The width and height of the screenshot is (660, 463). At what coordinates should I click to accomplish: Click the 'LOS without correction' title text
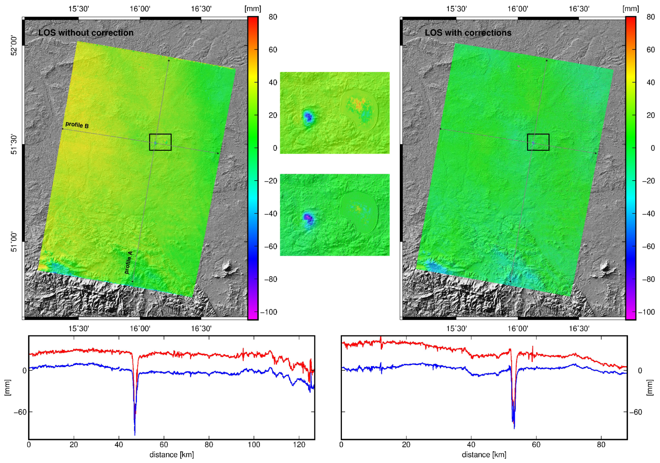[x=86, y=33]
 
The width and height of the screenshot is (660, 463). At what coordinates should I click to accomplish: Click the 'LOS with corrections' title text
[x=468, y=33]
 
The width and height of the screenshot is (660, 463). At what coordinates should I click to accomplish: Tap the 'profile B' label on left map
[x=77, y=125]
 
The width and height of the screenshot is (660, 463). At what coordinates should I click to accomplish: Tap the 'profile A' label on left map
[x=128, y=262]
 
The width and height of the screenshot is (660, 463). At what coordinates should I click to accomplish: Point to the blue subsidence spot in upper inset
[x=308, y=117]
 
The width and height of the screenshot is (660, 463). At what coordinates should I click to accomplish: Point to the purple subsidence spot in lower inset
[x=308, y=218]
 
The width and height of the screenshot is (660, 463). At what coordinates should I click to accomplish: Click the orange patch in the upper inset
[x=358, y=104]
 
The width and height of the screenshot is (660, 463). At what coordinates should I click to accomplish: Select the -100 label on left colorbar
[x=269, y=312]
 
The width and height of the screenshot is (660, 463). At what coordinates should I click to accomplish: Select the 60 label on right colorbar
[x=650, y=50]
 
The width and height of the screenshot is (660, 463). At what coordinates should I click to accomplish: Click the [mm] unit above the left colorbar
[x=253, y=9]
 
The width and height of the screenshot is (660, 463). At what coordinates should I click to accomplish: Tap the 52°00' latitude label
[x=14, y=45]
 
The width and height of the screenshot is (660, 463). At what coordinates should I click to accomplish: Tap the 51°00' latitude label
[x=14, y=242]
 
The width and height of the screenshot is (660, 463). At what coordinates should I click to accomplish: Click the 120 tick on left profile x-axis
[x=299, y=445]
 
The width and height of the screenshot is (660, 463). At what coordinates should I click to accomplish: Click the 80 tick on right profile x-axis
[x=601, y=445]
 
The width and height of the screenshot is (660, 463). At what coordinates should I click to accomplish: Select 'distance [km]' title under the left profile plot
[x=171, y=455]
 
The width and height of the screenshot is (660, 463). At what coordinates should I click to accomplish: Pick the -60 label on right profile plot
[x=636, y=412]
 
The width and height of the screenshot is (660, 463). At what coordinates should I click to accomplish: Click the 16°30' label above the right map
[x=578, y=9]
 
